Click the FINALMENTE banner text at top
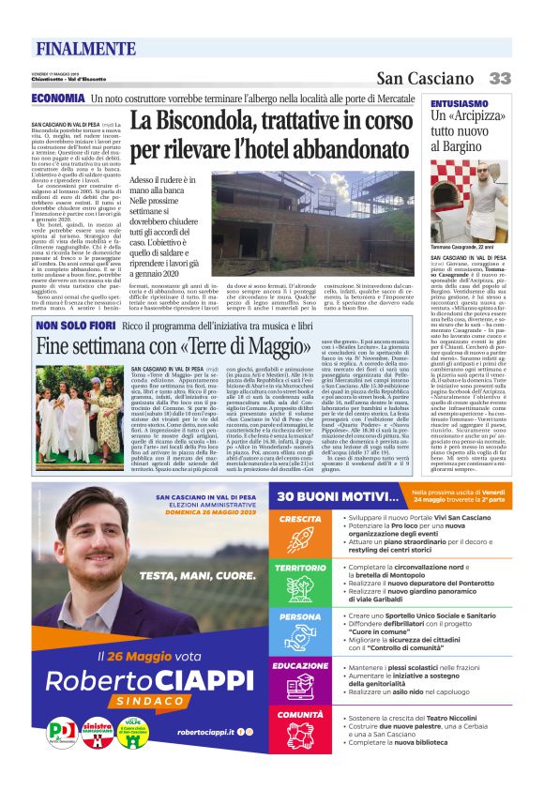tap(85, 48)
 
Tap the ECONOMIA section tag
tap(58, 99)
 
